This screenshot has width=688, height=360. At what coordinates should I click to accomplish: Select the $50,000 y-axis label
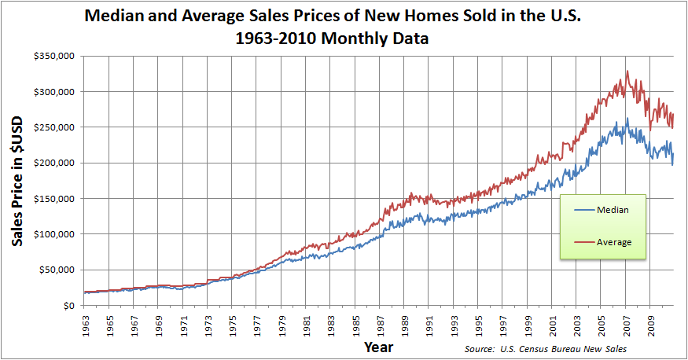pos(57,270)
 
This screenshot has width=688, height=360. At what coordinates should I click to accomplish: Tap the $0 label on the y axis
pos(68,306)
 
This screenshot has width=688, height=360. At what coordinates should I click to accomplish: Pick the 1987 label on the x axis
pos(378,324)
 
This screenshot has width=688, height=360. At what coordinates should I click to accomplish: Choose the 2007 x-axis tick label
pos(627,324)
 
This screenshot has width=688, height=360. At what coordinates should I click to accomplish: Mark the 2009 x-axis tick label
pos(651,324)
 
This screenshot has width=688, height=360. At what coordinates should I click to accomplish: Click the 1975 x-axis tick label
pos(233,324)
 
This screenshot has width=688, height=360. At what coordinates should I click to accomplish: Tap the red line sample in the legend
pos(584,242)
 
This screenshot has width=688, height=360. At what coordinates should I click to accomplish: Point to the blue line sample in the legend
pos(584,211)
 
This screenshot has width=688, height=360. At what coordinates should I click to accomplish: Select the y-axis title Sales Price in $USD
pos(17,180)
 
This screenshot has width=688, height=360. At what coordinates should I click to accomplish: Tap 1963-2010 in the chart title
pos(277,39)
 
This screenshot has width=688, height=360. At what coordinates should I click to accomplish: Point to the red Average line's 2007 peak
pos(627,72)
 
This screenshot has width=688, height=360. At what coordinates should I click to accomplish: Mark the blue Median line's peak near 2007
pos(627,119)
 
